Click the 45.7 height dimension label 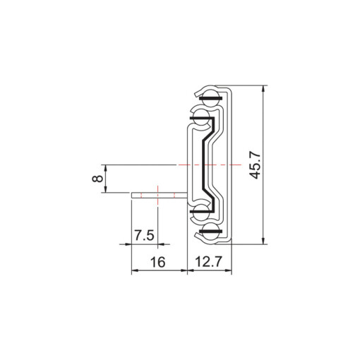pos(256,165)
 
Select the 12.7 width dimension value pos(209,262)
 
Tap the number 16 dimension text pos(158,262)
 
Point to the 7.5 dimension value pos(144,235)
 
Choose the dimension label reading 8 pos(97,179)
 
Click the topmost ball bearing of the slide pos(211,98)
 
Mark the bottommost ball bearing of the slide pos(210,232)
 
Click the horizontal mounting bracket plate pos(160,196)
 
